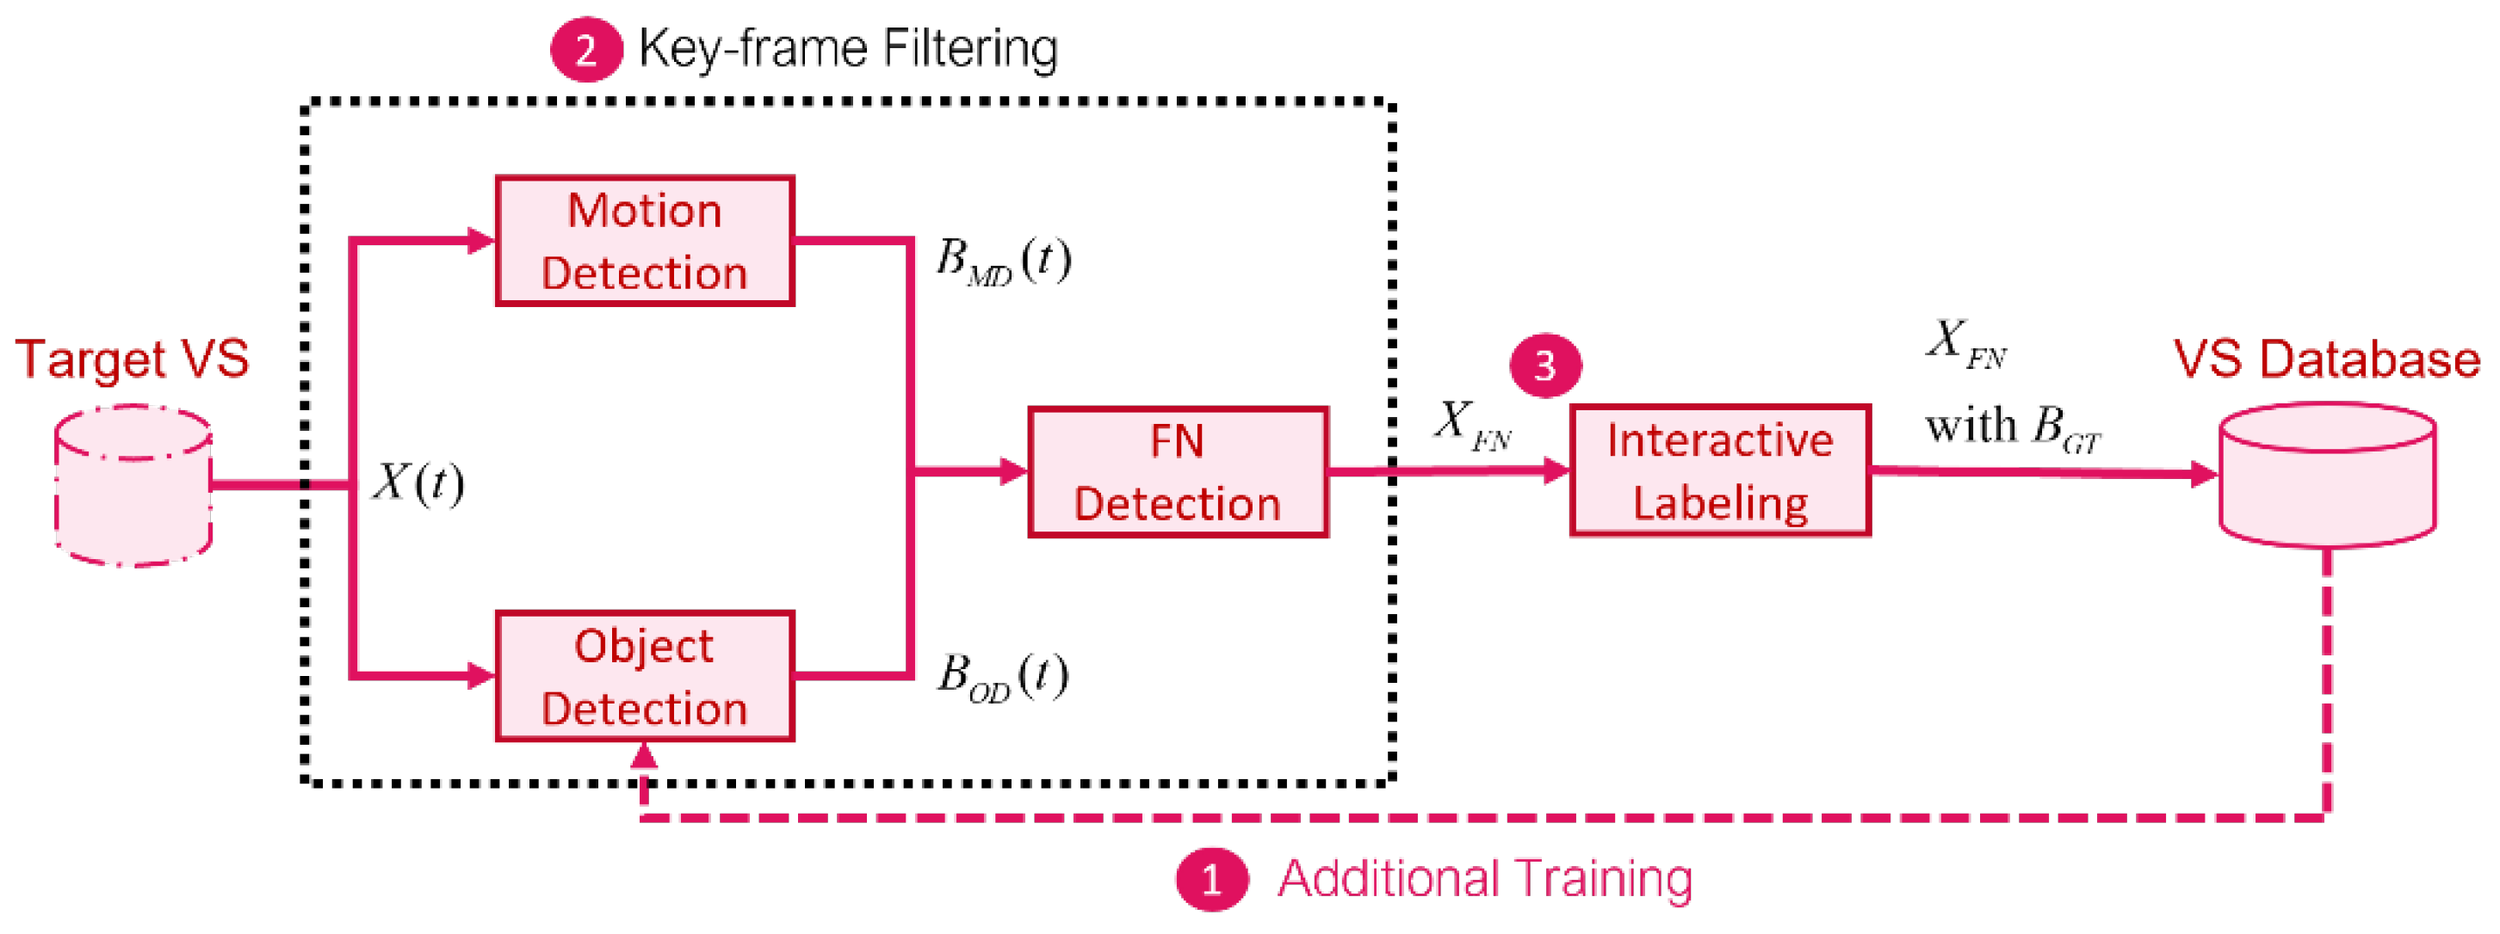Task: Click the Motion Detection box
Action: pyautogui.click(x=645, y=241)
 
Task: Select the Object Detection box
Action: pyautogui.click(x=645, y=676)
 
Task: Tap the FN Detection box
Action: pyautogui.click(x=1177, y=471)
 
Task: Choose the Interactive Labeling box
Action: pyautogui.click(x=1720, y=470)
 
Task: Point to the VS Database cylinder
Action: pyautogui.click(x=2326, y=476)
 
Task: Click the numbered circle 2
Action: pyautogui.click(x=585, y=50)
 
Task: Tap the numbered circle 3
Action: pyautogui.click(x=1545, y=366)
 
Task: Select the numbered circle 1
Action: pyautogui.click(x=1210, y=879)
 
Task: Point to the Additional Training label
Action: pyautogui.click(x=1485, y=879)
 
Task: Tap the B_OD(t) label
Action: pyautogui.click(x=1003, y=676)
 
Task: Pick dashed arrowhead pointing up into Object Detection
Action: pyautogui.click(x=645, y=754)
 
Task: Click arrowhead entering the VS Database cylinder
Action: pyautogui.click(x=2203, y=474)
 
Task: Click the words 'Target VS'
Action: pyautogui.click(x=132, y=359)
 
